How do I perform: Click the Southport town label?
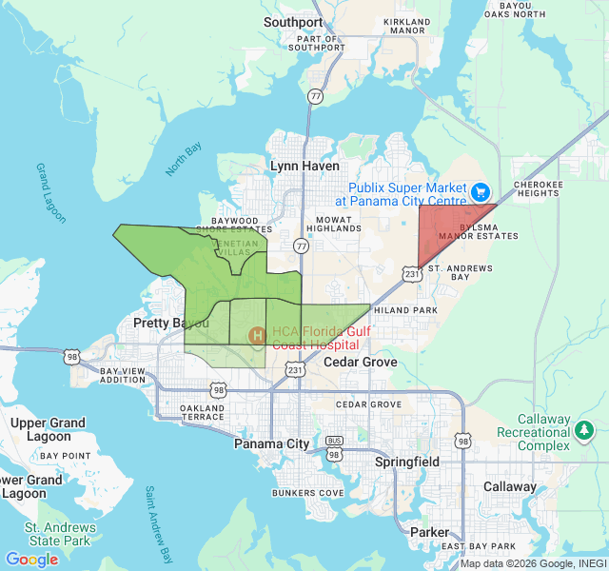(293, 22)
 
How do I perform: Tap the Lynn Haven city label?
(304, 166)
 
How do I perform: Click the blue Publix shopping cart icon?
(481, 192)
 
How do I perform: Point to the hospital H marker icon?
(257, 335)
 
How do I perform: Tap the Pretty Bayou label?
(165, 324)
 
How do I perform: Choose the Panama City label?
(272, 443)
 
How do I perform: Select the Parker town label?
(428, 532)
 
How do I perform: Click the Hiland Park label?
(405, 310)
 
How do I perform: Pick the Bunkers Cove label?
(306, 493)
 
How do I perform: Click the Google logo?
(31, 560)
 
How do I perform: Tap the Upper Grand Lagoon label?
(48, 429)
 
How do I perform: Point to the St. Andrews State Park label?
(59, 534)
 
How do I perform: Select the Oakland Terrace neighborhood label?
(202, 411)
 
